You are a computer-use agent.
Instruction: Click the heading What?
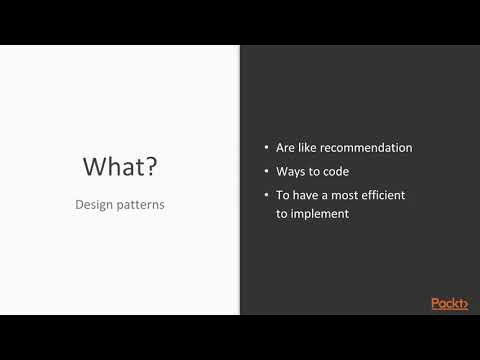(119, 165)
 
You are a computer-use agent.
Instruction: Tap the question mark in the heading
(149, 165)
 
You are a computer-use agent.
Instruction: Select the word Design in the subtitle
(95, 203)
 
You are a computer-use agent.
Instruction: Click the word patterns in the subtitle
(142, 203)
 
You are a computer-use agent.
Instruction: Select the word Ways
(291, 171)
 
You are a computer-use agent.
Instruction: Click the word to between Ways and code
(314, 171)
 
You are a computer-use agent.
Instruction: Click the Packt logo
(449, 303)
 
